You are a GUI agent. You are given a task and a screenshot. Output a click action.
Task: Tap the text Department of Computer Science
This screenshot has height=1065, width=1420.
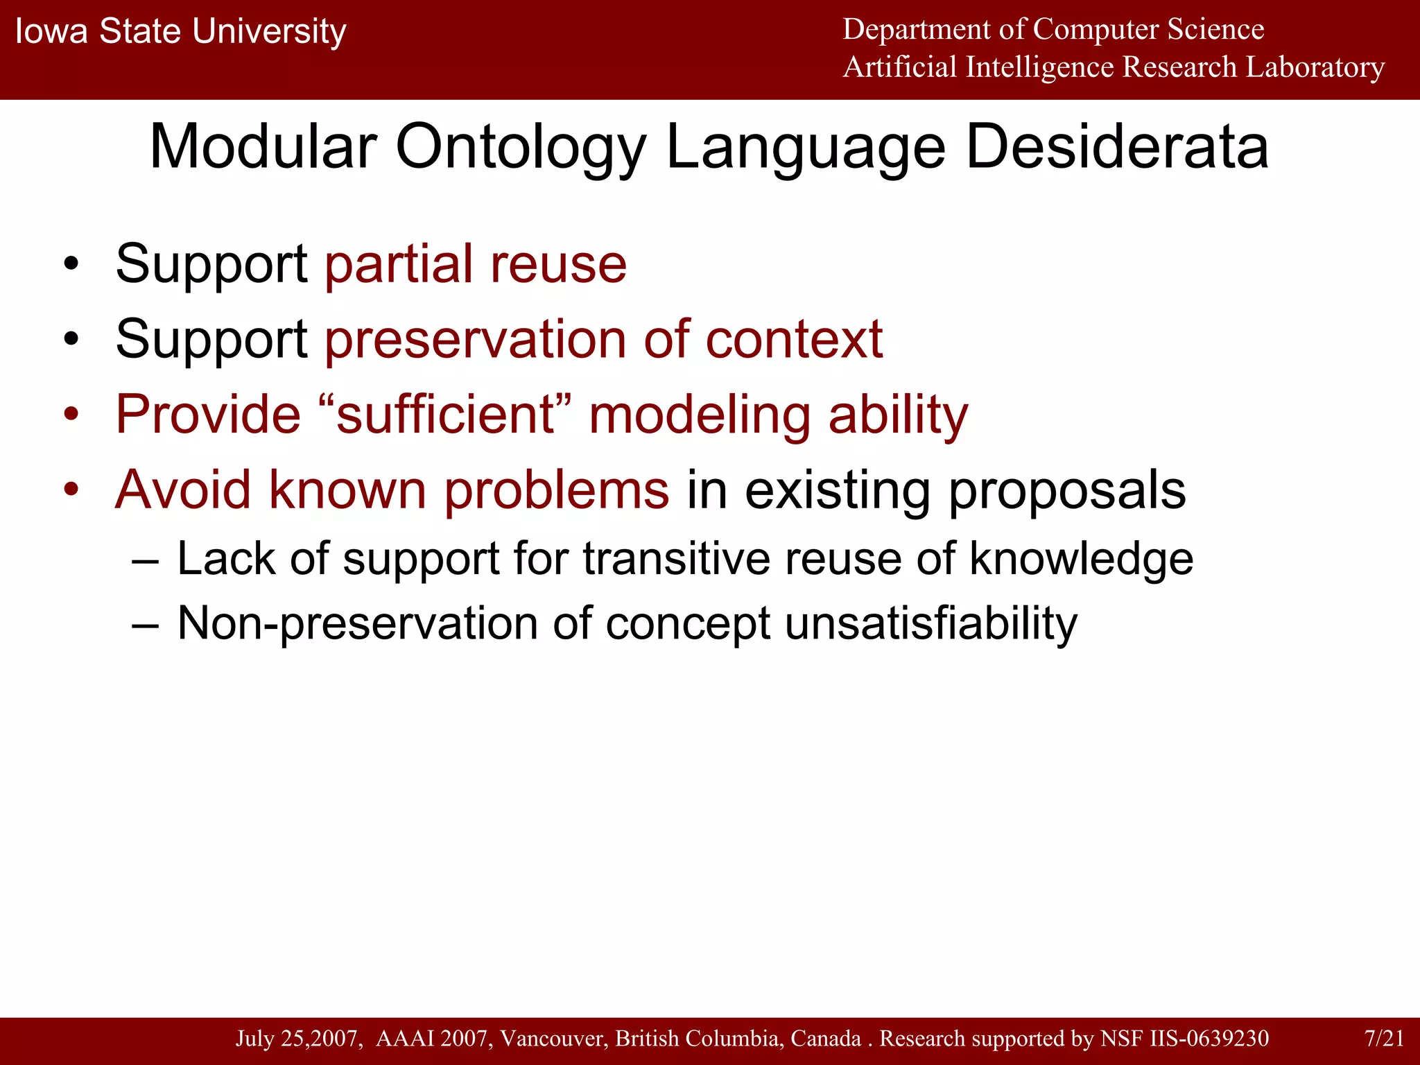click(x=1053, y=29)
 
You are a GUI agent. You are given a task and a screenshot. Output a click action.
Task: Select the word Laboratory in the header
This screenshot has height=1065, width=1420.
click(x=1315, y=67)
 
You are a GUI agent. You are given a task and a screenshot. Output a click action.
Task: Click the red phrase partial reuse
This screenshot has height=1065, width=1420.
click(x=476, y=263)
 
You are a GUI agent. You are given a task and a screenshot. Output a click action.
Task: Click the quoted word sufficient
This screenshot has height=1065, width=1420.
click(x=446, y=415)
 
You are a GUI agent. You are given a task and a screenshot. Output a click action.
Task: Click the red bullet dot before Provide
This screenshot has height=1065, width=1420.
click(x=71, y=415)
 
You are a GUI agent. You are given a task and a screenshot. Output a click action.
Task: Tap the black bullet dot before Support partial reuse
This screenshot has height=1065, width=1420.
click(x=71, y=264)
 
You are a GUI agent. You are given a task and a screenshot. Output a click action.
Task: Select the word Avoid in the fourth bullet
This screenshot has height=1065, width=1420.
click(x=183, y=490)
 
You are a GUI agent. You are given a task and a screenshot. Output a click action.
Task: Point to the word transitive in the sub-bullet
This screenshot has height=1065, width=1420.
click(x=676, y=558)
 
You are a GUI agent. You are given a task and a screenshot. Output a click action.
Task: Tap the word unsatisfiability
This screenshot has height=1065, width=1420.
click(x=931, y=623)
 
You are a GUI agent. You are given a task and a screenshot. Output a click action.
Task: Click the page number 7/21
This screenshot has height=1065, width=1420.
click(x=1384, y=1038)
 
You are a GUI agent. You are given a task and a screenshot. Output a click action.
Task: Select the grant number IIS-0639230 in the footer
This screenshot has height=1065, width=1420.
click(x=1209, y=1038)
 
